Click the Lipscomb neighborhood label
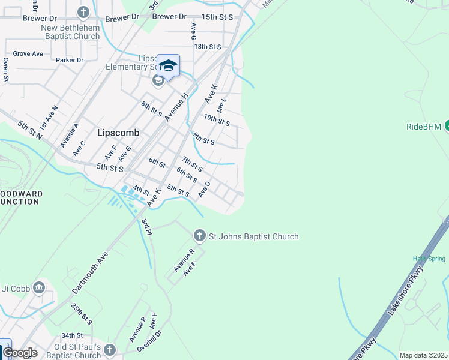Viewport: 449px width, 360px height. (118, 133)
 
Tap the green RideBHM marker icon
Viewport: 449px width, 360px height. (446, 125)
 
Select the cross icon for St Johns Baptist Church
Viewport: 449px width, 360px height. (200, 236)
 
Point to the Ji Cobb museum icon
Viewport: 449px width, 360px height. (40, 287)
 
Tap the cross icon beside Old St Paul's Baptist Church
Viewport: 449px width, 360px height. (109, 349)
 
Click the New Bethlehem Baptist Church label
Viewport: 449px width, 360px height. (70, 32)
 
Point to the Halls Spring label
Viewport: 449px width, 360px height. (429, 259)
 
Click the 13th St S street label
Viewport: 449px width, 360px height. (208, 46)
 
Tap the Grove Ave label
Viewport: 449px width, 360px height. (28, 53)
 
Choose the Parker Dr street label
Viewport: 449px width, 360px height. (70, 60)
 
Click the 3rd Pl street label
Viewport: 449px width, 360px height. (146, 227)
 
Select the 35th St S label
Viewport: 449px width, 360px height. (81, 313)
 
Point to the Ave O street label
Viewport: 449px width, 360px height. (205, 190)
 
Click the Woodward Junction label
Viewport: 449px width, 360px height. (20, 197)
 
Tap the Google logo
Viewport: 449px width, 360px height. (20, 353)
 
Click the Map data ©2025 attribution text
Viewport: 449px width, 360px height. (423, 355)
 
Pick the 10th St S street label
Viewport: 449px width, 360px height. (217, 121)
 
